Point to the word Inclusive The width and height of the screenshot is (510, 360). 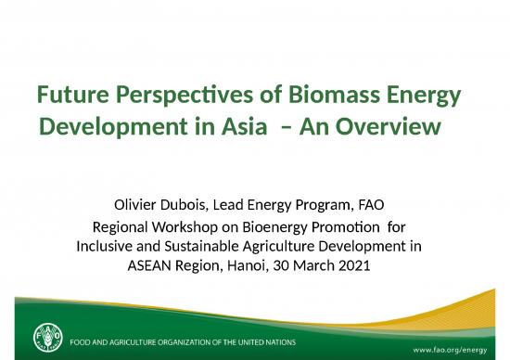104,246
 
